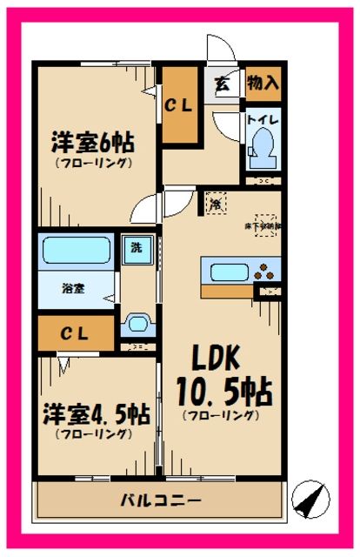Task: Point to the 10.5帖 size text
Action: pyautogui.click(x=224, y=391)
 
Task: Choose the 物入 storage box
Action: pyautogui.click(x=263, y=84)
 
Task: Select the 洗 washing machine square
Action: pyautogui.click(x=136, y=246)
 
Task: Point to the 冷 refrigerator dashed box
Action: pyautogui.click(x=214, y=205)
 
